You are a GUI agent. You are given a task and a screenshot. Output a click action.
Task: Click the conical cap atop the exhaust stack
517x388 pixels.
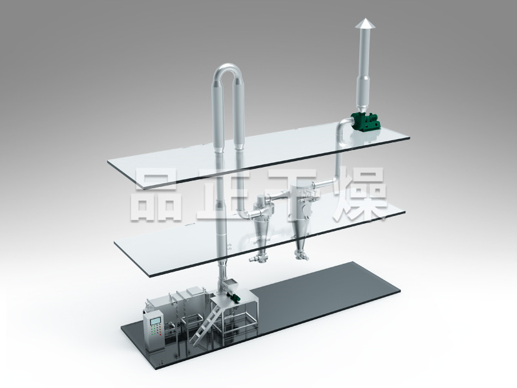click(364, 24)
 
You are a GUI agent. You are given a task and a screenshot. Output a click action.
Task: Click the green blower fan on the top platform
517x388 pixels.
click(365, 121)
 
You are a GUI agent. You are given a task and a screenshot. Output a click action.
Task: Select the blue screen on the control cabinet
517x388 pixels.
click(155, 321)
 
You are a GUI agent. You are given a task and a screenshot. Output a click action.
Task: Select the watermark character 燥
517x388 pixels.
click(360, 195)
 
